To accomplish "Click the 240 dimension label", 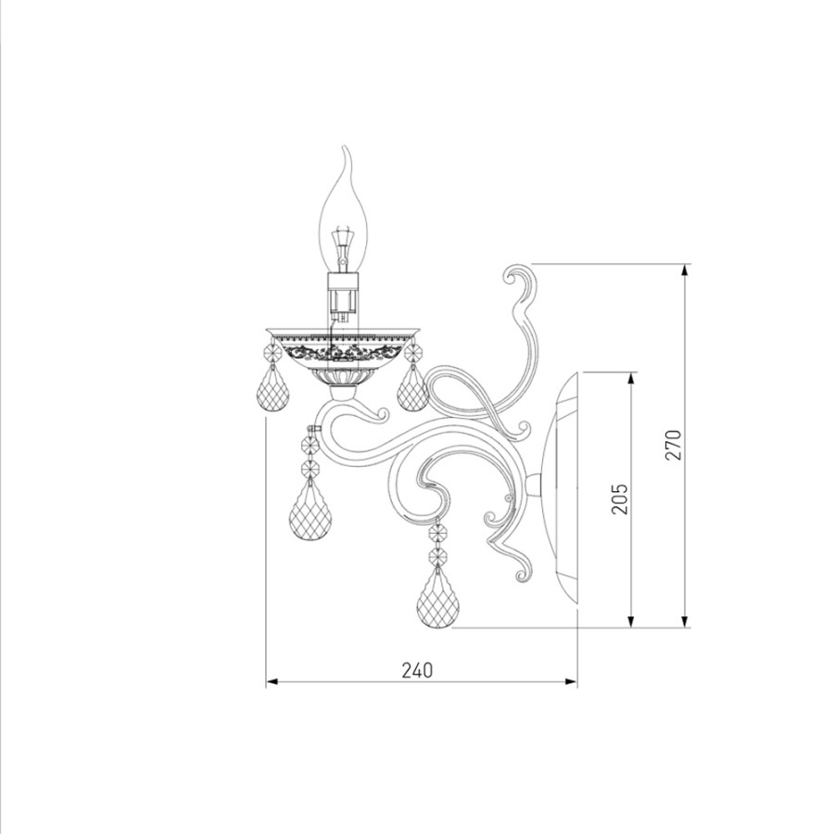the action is (417, 670).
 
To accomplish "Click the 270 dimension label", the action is (673, 445).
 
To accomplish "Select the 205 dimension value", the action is (619, 499).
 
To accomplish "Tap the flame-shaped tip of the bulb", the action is (347, 154).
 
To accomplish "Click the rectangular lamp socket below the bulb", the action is (342, 296).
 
